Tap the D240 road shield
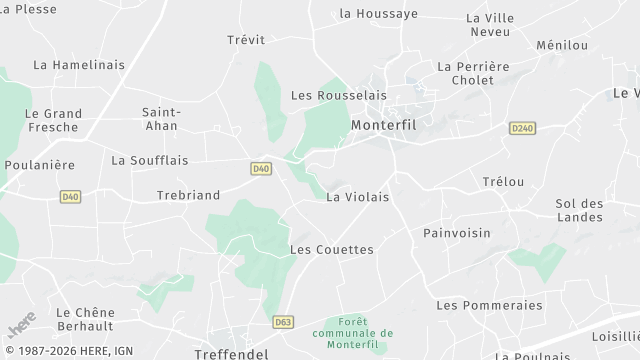[x=522, y=128]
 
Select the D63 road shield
[x=284, y=322]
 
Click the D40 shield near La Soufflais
[x=261, y=169]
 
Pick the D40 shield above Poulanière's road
[x=70, y=197]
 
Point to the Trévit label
[x=246, y=40]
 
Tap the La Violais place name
[x=357, y=197]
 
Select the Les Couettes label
[x=331, y=249]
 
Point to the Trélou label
[x=503, y=182]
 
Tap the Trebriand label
[x=188, y=195]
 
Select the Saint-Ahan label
[x=161, y=118]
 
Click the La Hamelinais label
[x=79, y=65]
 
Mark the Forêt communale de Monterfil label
[x=352, y=333]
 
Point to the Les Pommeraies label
[x=489, y=305]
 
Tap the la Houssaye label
[x=378, y=14]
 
